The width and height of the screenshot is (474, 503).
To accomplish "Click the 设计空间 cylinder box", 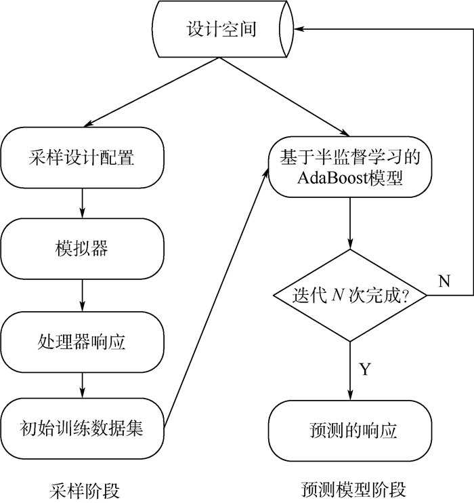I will tap(221, 30).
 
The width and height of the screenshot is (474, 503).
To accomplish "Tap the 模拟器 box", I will tap(82, 248).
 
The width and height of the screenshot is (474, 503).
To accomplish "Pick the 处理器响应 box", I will tap(82, 341).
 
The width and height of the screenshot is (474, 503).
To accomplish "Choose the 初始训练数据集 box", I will tap(82, 428).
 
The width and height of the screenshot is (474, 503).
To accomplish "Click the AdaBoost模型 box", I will tap(350, 167).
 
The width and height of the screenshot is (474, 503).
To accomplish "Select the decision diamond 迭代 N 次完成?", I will tap(350, 296).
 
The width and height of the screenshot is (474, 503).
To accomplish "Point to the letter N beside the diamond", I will tap(444, 281).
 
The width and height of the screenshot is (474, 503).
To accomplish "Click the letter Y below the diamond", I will tap(365, 369).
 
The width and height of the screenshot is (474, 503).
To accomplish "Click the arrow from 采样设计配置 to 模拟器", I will tap(82, 201).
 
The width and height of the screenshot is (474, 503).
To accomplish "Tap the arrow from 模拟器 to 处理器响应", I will tap(82, 293).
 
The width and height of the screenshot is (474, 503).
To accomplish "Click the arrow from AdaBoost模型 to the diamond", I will tap(350, 224).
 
